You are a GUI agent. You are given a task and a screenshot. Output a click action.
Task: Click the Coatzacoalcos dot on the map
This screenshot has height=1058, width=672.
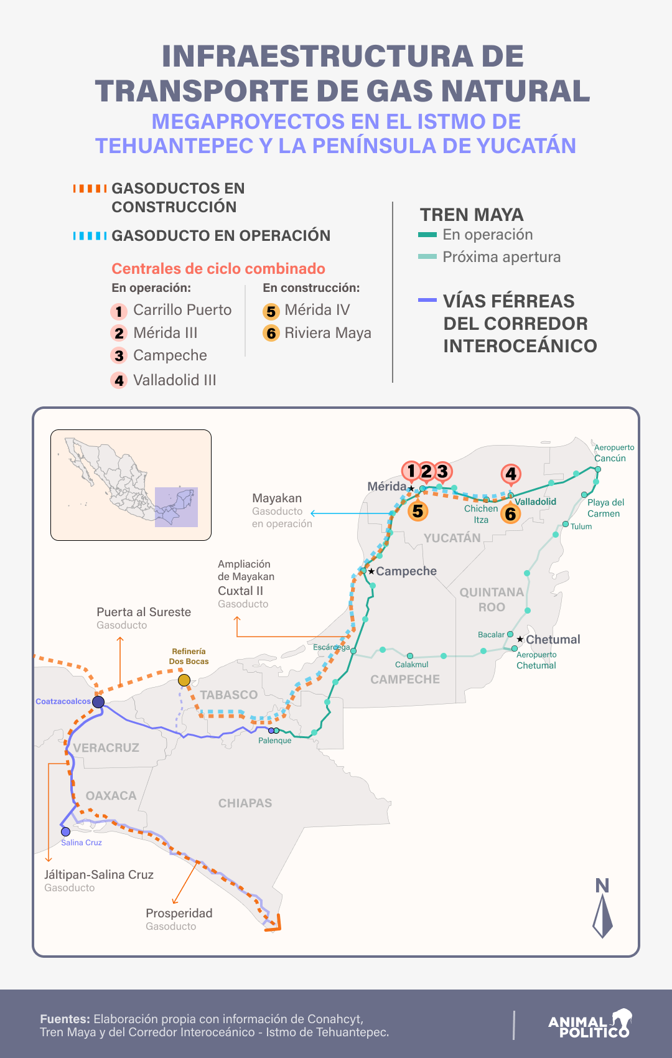pos(98,702)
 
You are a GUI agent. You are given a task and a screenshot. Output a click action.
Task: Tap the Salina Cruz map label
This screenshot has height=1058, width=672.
pos(82,843)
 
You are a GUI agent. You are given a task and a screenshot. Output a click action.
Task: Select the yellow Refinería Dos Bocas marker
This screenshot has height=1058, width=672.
pos(184,680)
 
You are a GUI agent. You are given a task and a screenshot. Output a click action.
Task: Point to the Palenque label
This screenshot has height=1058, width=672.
pos(274,741)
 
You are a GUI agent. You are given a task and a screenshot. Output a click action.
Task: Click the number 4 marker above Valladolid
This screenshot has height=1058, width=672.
pos(511,474)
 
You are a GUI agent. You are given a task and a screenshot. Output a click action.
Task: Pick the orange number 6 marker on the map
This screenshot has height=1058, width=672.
pos(511,514)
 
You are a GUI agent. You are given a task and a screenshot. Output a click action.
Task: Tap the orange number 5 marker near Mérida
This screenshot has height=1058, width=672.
pos(418,512)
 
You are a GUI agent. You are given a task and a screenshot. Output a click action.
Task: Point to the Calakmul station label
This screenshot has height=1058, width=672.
pos(411,665)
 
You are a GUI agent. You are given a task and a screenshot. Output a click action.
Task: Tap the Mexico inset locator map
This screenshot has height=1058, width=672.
pos(131,485)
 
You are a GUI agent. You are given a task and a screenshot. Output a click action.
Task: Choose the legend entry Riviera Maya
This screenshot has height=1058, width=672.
pos(327,333)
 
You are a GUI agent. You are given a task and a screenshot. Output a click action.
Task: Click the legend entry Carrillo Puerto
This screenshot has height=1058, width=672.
pos(182,310)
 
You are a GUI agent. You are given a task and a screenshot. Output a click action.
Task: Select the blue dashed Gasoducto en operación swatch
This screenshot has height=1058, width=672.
pos(90,236)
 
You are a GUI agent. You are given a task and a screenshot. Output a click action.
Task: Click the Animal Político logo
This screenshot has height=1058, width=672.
pos(589,1024)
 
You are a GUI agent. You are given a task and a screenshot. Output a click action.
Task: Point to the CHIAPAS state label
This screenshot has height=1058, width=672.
pos(245,803)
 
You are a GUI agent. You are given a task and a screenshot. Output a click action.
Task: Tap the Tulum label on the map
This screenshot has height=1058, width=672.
pos(581,527)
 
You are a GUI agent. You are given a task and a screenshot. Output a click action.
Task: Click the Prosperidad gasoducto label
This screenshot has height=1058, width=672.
pos(179,913)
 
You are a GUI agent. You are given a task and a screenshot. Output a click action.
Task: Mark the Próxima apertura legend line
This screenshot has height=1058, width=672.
pos(427,257)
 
